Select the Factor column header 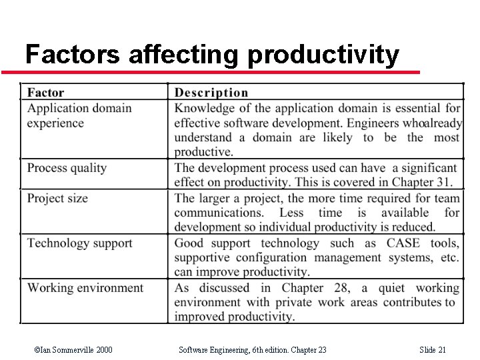[45, 93]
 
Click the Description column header [211, 93]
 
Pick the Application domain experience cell [79, 115]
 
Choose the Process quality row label [67, 167]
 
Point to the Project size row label [57, 197]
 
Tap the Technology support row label [79, 243]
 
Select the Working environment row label [85, 287]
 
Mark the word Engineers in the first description [373, 123]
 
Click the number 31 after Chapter [445, 181]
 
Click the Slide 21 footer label [433, 350]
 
